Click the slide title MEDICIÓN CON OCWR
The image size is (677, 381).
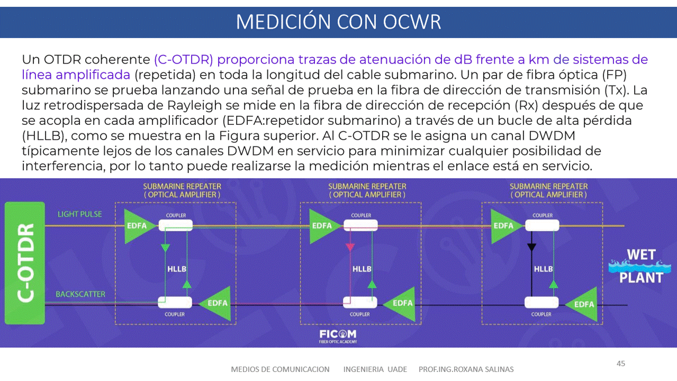point(338,22)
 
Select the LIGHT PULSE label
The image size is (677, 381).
point(80,214)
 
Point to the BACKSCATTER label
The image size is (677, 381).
point(80,294)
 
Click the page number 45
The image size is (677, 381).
point(621,364)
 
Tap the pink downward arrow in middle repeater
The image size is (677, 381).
point(349,247)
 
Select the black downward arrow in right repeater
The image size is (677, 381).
point(531,247)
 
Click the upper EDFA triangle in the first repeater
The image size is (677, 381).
point(134,225)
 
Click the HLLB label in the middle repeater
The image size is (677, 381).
point(362,269)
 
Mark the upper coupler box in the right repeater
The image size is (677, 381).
point(542,225)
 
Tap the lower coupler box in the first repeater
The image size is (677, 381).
point(175,303)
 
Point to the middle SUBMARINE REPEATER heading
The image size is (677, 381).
point(367,190)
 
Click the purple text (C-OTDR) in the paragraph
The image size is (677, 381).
point(184,59)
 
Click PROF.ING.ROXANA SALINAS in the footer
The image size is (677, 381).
point(466,369)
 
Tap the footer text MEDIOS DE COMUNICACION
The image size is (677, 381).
point(280,369)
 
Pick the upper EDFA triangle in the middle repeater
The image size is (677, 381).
point(320,225)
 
